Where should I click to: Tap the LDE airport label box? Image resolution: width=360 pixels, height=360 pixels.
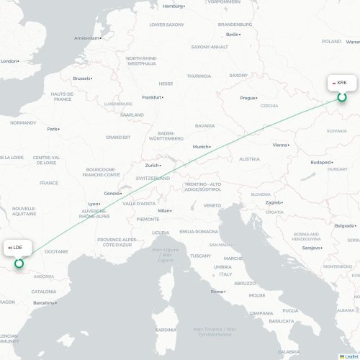(16, 248)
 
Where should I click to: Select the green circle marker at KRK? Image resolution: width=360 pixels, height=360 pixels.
(342, 97)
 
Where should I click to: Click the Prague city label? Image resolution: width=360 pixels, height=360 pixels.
(248, 97)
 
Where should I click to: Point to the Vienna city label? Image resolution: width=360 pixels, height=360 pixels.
(280, 145)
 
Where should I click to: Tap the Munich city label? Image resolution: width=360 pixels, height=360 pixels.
(200, 147)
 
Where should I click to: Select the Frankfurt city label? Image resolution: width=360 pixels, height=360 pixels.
(152, 97)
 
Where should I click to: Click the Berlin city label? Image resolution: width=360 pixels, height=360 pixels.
(233, 34)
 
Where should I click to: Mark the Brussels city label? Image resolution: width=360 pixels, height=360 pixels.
(82, 78)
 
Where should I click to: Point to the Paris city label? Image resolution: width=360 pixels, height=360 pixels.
(53, 129)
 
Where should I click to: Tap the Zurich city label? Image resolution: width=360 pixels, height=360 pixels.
(152, 165)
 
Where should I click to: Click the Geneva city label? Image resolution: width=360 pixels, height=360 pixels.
(112, 193)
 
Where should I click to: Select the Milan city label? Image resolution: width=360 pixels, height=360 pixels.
(165, 210)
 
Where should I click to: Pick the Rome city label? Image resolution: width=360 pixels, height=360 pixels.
(217, 291)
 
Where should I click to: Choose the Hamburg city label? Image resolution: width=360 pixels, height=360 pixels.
(173, 6)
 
